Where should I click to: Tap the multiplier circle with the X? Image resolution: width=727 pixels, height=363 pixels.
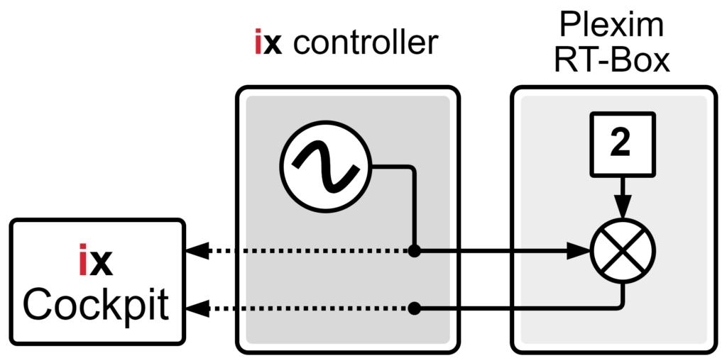[623, 250]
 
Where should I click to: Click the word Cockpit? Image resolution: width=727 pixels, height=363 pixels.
[96, 306]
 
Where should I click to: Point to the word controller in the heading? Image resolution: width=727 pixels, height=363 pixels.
[366, 44]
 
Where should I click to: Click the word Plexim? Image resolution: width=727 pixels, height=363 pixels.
[612, 26]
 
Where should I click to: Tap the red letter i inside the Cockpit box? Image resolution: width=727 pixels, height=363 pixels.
[83, 263]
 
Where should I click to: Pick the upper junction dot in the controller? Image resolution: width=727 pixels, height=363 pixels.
[415, 250]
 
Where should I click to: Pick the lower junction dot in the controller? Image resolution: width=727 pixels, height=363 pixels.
[415, 308]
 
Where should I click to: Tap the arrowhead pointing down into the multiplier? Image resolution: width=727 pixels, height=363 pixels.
[623, 211]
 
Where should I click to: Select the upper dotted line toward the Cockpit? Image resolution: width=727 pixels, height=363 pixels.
[305, 250]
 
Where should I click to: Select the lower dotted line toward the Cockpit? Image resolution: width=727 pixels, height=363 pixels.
[305, 308]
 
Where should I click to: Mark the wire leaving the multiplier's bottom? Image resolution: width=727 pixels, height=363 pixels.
[623, 294]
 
